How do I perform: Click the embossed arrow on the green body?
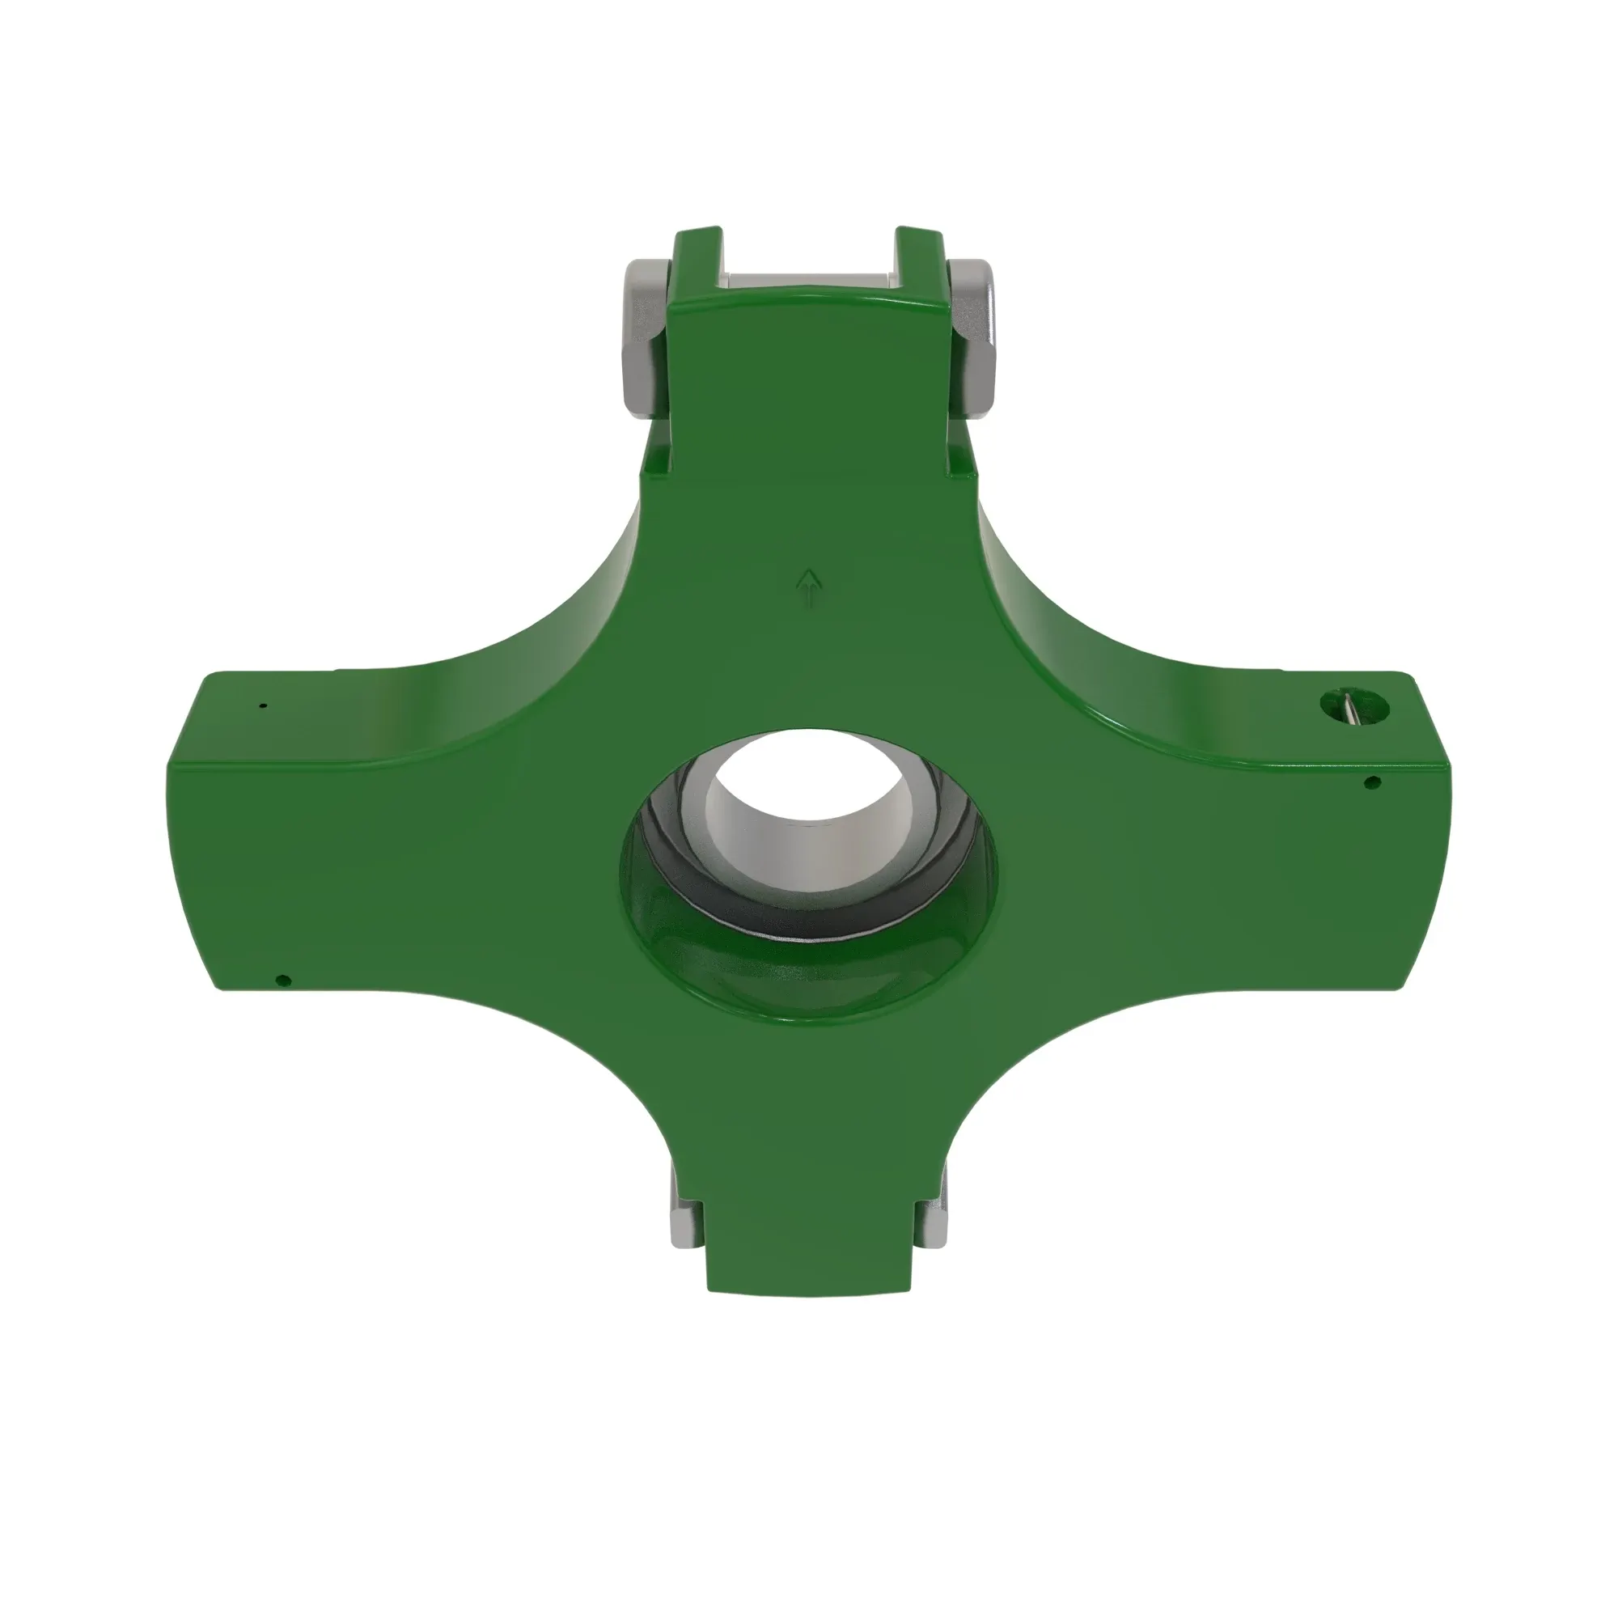[809, 587]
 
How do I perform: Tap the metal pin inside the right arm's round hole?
[1350, 705]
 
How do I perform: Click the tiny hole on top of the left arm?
[263, 706]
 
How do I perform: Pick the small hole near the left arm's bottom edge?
[282, 979]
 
